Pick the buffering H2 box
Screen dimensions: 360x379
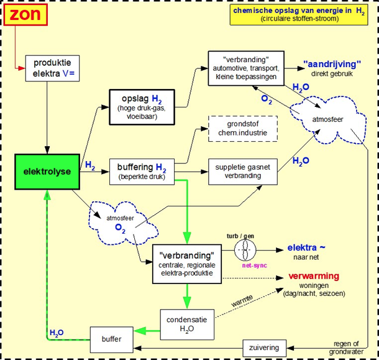point(142,171)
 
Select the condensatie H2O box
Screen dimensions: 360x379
point(187,323)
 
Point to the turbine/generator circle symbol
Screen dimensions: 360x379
point(245,251)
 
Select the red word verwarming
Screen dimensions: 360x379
point(313,275)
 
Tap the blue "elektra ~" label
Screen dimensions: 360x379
point(306,247)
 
